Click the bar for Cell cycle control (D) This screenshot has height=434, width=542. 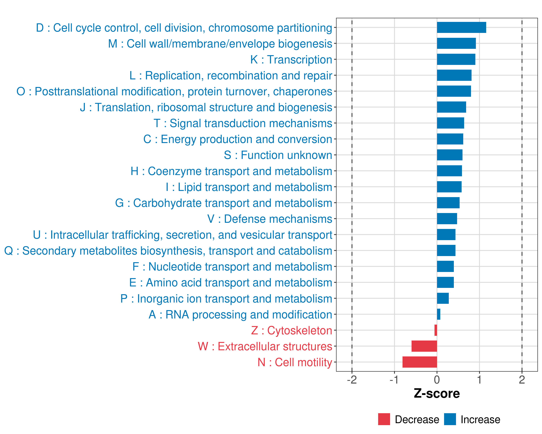[461, 27]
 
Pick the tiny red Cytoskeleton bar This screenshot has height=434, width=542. [436, 330]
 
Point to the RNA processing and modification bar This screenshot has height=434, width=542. [438, 314]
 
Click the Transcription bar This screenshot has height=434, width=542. [456, 59]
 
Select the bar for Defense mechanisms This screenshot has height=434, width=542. [447, 219]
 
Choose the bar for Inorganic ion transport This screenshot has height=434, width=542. [443, 298]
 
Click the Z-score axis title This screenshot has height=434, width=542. [437, 393]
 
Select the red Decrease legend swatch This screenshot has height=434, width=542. [384, 419]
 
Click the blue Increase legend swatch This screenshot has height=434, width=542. [450, 419]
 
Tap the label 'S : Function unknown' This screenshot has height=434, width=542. [278, 155]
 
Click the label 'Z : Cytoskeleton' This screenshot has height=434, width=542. [292, 330]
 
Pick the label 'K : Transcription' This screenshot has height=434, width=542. [291, 60]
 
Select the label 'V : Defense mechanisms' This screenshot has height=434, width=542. [270, 219]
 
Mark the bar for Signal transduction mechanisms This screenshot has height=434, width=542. [450, 123]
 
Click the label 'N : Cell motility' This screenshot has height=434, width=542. [295, 362]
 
